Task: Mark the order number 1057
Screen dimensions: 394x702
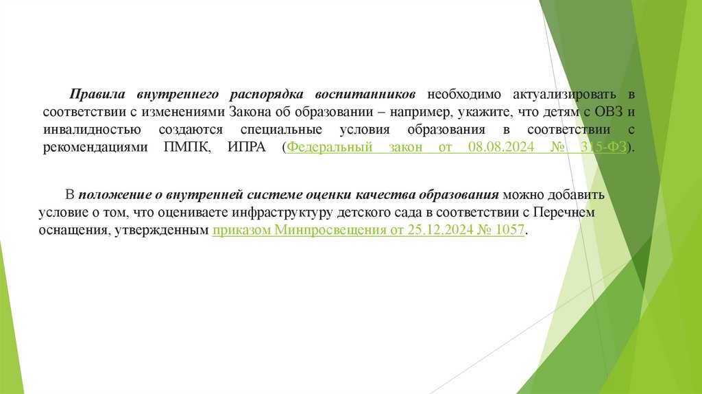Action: coord(510,231)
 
